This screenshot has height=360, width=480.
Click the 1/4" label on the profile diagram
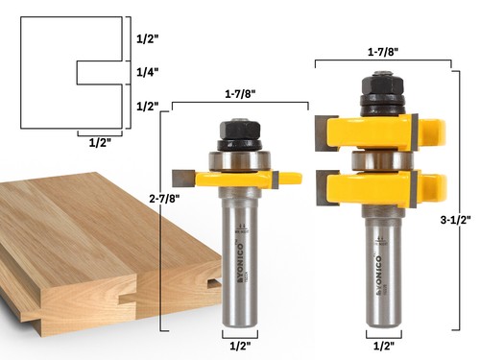click(x=140, y=72)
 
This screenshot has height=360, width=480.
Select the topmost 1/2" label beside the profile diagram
click(x=140, y=39)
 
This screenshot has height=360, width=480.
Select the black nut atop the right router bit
click(x=381, y=90)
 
